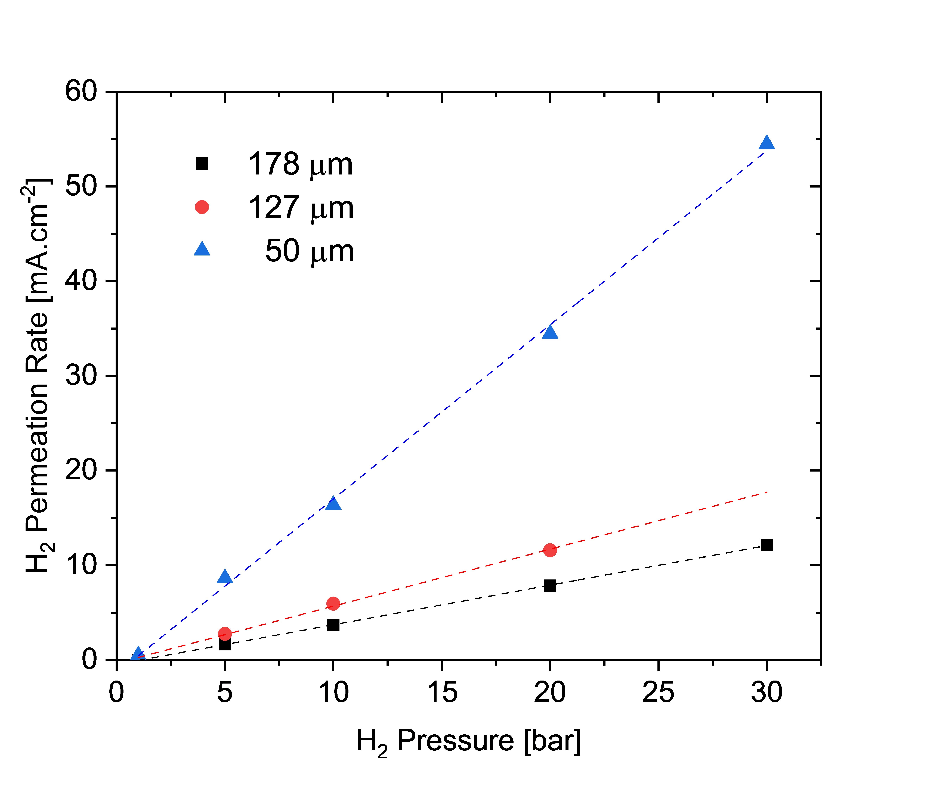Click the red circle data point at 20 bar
[550, 550]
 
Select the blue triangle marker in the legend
[202, 249]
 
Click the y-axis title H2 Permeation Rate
[38, 376]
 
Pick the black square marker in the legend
[202, 164]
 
